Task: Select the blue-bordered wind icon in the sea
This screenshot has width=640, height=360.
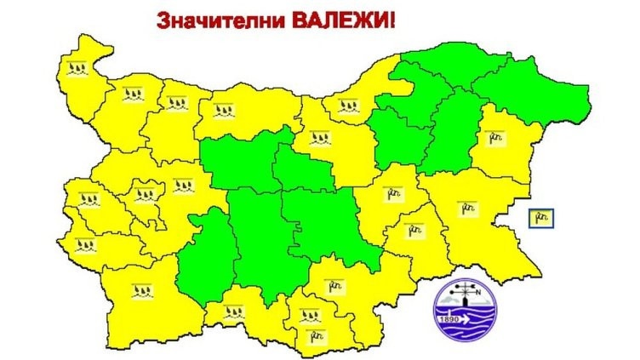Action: [542, 219]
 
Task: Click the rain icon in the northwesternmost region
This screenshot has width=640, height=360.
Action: [79, 68]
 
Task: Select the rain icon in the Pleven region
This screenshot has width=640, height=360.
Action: [225, 108]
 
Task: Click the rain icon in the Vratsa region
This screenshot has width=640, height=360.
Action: [177, 104]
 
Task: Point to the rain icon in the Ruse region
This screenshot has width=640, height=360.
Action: [348, 108]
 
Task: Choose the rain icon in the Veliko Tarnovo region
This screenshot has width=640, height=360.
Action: [319, 137]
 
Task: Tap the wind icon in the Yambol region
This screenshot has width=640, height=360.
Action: [414, 229]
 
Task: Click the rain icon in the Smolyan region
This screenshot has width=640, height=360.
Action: [232, 311]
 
